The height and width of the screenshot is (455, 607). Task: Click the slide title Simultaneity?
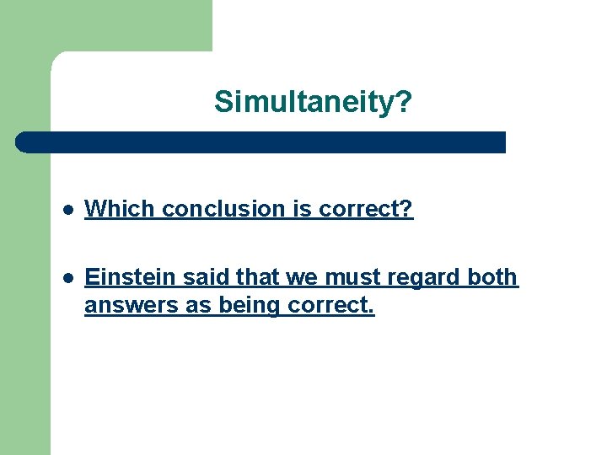313,102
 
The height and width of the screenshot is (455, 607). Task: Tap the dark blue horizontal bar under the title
261,142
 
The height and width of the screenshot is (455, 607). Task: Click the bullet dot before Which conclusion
68,210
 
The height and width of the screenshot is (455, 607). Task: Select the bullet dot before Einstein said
68,278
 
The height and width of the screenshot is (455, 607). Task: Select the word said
195,277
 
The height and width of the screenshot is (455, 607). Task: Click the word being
247,306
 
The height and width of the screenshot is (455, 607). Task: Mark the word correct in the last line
329,305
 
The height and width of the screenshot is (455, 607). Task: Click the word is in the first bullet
301,209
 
